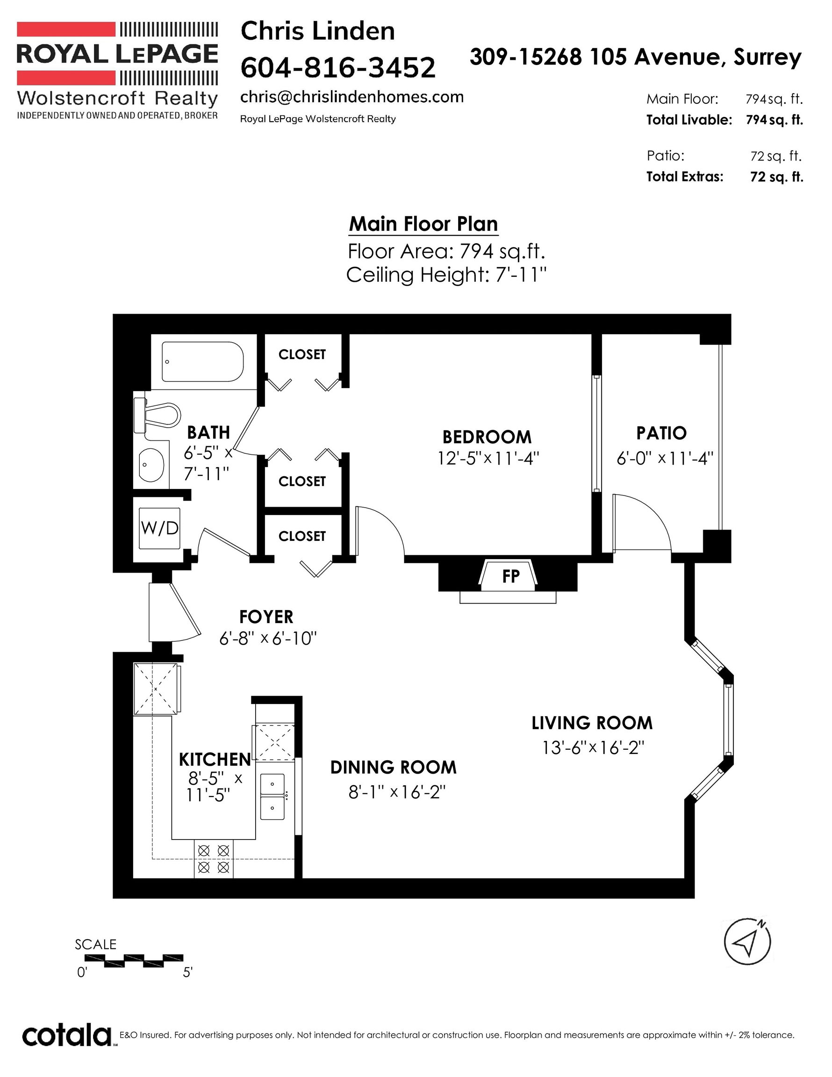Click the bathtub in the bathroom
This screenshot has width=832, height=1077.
click(x=203, y=361)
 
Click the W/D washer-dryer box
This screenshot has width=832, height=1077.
click(x=159, y=528)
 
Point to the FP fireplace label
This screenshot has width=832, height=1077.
click(x=510, y=576)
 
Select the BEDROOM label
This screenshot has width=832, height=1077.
click(x=487, y=437)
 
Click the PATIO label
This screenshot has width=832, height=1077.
click(x=661, y=433)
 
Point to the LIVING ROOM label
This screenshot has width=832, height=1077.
click(x=592, y=723)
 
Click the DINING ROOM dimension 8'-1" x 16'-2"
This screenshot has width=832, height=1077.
click(x=397, y=792)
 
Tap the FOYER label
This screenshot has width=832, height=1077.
click(x=266, y=617)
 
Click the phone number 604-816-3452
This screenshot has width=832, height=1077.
click(x=338, y=67)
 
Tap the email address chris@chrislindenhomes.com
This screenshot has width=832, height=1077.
click(x=351, y=97)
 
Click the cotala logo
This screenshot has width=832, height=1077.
click(x=66, y=1035)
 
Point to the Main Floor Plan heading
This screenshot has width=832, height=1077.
click(x=423, y=224)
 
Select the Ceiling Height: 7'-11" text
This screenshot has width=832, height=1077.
click(x=447, y=275)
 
